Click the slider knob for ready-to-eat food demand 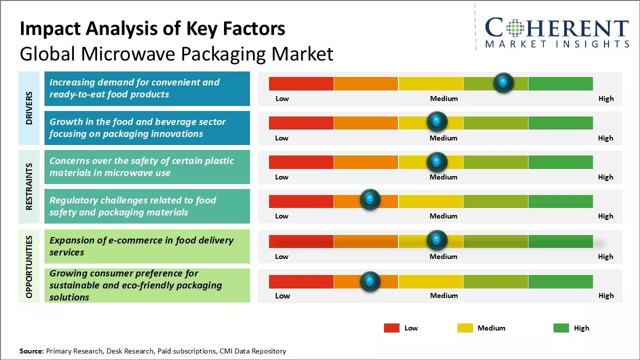coord(503,82)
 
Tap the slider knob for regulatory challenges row coord(370,200)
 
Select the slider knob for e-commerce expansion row coord(437,240)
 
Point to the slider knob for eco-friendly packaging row coord(370,281)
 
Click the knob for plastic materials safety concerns coord(437,161)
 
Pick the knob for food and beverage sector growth coord(437,121)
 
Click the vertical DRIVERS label coord(28,108)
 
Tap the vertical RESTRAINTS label coord(28,186)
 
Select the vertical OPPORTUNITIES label coord(28,266)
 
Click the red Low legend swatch coord(391,328)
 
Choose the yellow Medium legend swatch coord(465,328)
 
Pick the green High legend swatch coord(561,328)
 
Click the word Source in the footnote coord(31,351)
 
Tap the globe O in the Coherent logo coord(516,28)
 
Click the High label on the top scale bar coord(606,98)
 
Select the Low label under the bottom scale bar coord(282,295)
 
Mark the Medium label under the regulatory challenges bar coord(443,216)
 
